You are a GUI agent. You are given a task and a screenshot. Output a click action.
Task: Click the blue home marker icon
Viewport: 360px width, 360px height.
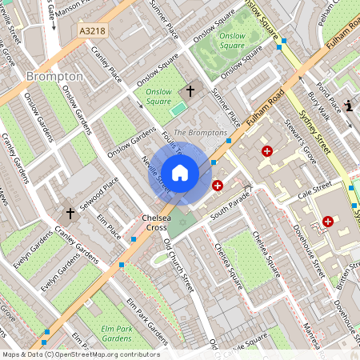pos(179,172)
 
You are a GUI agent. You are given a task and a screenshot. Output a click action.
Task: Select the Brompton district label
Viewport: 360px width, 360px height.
pos(54,76)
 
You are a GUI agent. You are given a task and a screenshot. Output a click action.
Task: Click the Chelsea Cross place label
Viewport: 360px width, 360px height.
pos(158,222)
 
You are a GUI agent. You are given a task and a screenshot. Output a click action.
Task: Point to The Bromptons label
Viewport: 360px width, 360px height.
pos(200,132)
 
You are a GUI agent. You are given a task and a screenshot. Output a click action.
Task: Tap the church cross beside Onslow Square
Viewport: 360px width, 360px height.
pos(190,91)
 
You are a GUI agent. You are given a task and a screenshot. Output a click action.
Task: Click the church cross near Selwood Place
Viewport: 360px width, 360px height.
pos(70,214)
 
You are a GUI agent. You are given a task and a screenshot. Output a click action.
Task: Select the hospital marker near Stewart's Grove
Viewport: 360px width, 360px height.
pos(267,150)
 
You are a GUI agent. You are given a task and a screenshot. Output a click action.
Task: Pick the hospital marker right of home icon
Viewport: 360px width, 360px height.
pos(218,186)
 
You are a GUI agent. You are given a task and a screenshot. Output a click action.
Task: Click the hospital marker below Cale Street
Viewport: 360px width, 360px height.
pos(328,221)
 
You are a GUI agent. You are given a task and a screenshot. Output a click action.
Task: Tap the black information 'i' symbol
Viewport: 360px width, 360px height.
pos(350,105)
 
